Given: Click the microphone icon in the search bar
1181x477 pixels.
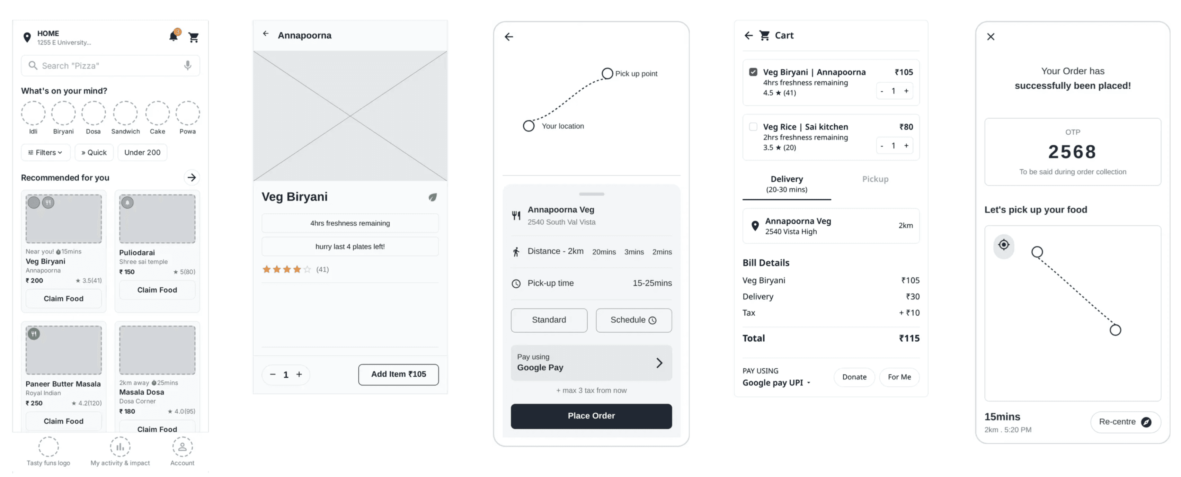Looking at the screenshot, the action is (x=187, y=65).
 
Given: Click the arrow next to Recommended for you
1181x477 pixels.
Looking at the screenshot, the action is (x=192, y=177).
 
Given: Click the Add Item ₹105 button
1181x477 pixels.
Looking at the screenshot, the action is (x=398, y=374).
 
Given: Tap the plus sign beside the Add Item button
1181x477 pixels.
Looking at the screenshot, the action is (x=299, y=374).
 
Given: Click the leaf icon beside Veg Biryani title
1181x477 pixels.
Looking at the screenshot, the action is (x=432, y=197).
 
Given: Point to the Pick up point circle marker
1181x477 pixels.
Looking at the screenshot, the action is (x=607, y=73).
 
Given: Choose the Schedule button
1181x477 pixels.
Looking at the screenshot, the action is (x=633, y=320).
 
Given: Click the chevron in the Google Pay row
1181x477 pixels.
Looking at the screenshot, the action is (x=659, y=363).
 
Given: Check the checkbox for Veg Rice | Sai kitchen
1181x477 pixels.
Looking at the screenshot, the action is (x=753, y=126).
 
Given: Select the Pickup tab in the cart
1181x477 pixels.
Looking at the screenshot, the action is (x=875, y=179).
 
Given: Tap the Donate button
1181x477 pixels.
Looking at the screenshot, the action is (x=854, y=377).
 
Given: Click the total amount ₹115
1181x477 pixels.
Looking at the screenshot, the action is (x=909, y=338).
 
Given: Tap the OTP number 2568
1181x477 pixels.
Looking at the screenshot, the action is (x=1072, y=152).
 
